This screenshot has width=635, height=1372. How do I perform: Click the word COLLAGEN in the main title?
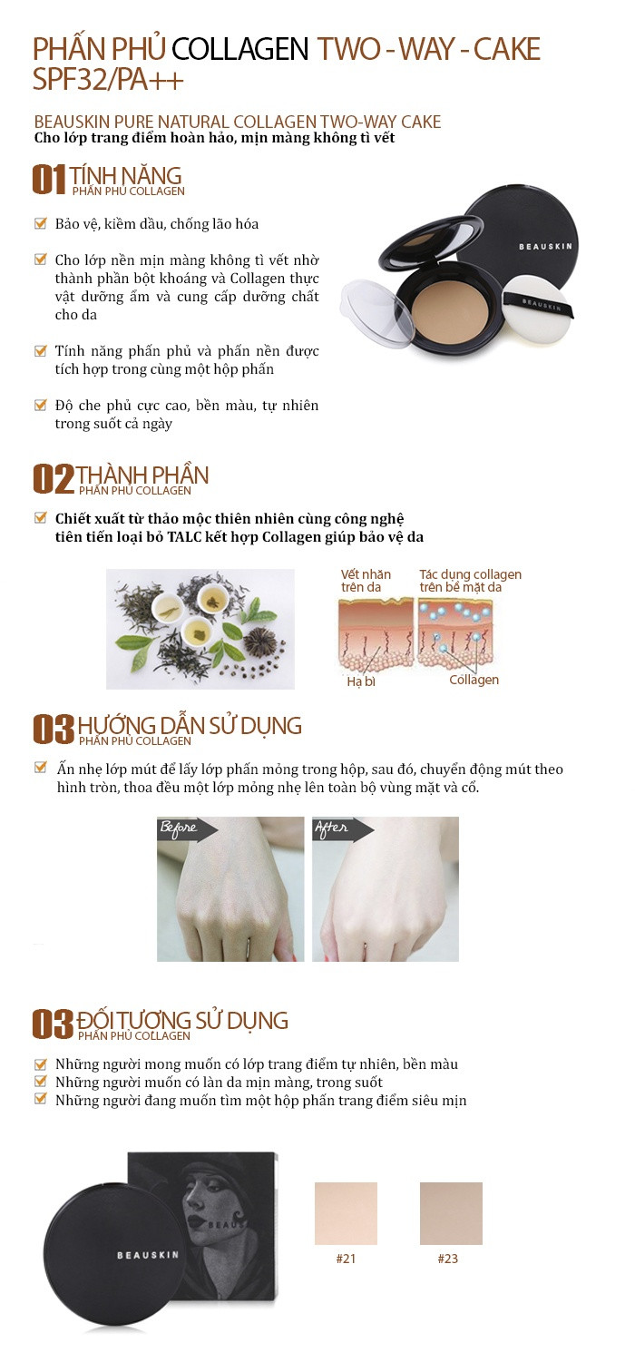click(x=239, y=49)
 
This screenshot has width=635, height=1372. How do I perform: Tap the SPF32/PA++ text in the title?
click(x=108, y=79)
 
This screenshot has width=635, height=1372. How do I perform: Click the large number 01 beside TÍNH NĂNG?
click(x=49, y=180)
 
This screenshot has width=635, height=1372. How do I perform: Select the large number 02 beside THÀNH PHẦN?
click(x=53, y=479)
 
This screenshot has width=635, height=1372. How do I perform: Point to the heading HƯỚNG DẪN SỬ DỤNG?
click(x=190, y=725)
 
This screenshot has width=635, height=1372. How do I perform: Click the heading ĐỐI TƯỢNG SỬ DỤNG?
click(x=181, y=1020)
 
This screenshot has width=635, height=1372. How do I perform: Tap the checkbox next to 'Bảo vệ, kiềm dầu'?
click(x=41, y=223)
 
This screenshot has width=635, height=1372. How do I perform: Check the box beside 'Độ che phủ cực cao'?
click(x=41, y=405)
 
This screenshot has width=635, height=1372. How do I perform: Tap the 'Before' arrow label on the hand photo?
click(x=187, y=828)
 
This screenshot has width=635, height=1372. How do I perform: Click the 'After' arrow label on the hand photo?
click(x=342, y=828)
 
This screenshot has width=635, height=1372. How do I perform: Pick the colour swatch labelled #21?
click(x=346, y=1213)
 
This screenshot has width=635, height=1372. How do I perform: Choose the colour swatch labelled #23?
click(x=451, y=1213)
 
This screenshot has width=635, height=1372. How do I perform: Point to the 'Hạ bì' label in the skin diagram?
click(x=361, y=681)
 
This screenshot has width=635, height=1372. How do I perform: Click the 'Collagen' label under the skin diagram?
click(x=474, y=680)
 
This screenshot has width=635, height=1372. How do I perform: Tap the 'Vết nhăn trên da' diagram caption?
click(x=366, y=580)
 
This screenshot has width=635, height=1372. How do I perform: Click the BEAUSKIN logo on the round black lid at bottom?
click(x=148, y=1255)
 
